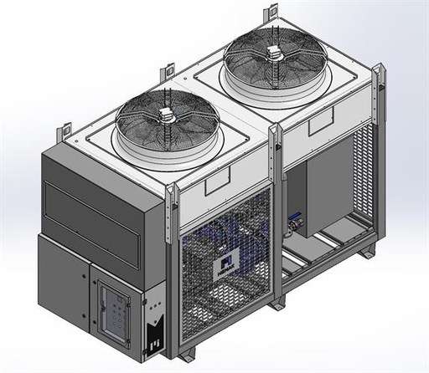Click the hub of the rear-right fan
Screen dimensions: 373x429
[x=273, y=54]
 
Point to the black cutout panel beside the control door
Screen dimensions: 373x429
[x=156, y=322]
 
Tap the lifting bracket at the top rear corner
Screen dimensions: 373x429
[x=271, y=14]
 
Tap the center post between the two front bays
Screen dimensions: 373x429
[x=276, y=217]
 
